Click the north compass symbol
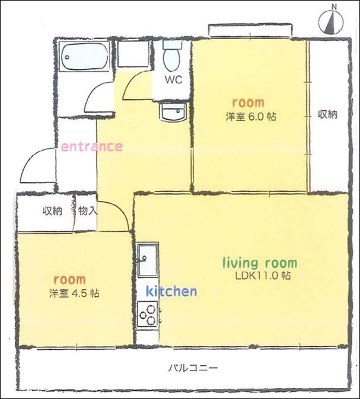click(x=332, y=21)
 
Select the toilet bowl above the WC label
click(x=173, y=56)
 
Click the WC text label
click(x=174, y=79)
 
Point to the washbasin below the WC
click(x=173, y=111)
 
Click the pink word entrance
click(x=92, y=146)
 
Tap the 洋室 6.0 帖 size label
click(x=251, y=117)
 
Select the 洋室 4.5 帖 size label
click(x=74, y=293)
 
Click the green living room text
click(x=260, y=263)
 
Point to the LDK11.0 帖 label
click(x=263, y=276)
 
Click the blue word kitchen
click(x=171, y=291)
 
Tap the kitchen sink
click(x=148, y=260)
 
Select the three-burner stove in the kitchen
click(x=148, y=315)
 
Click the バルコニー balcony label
click(x=193, y=368)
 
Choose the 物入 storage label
click(x=87, y=211)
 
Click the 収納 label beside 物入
click(x=52, y=211)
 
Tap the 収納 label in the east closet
click(x=327, y=114)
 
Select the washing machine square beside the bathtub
click(x=133, y=53)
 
